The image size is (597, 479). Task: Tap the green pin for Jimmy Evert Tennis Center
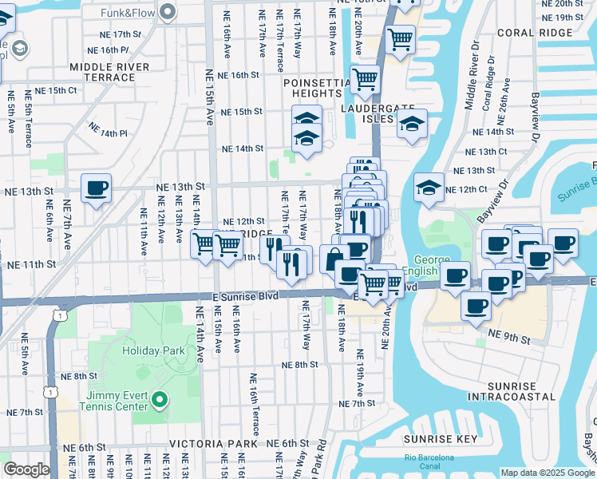(x=160, y=399)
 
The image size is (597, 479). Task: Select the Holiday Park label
(x=153, y=350)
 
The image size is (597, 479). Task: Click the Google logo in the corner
(x=26, y=469)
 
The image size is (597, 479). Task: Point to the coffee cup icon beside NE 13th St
(x=96, y=189)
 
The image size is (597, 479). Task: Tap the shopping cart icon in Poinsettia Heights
(x=366, y=79)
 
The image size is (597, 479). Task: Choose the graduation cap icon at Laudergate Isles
(x=412, y=124)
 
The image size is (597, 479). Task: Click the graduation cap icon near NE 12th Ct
(x=429, y=188)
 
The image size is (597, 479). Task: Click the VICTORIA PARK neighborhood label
(x=213, y=443)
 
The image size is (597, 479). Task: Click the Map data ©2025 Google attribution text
(x=547, y=473)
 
